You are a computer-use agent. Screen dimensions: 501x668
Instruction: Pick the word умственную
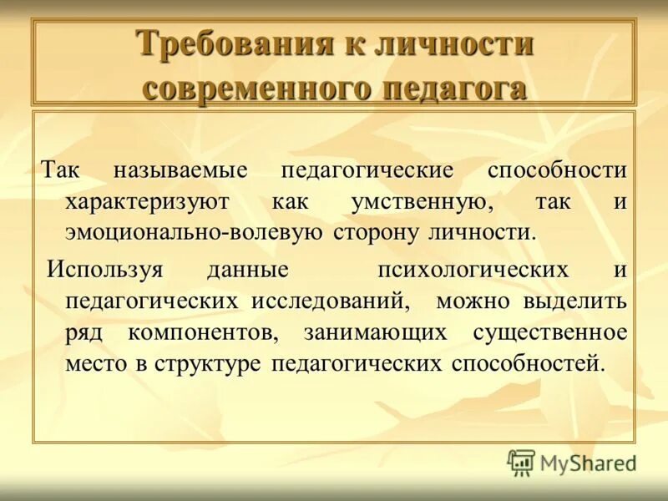pyautogui.click(x=409, y=201)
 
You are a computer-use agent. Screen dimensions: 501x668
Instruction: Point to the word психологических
pyautogui.click(x=473, y=271)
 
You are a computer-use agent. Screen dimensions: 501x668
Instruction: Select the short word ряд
pyautogui.click(x=83, y=332)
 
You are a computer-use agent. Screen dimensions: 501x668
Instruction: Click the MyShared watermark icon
pyautogui.click(x=521, y=462)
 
